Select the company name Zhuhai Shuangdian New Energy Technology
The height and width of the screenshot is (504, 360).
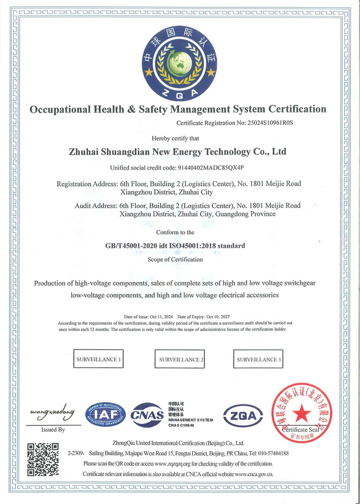click(x=177, y=152)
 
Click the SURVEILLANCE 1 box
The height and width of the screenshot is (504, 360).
click(x=99, y=359)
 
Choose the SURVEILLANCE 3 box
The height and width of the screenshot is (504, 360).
click(x=259, y=359)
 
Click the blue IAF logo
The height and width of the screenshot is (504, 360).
click(x=105, y=415)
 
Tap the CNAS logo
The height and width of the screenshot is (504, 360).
click(x=147, y=415)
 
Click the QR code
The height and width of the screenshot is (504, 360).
click(x=42, y=459)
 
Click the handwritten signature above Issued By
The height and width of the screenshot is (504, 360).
click(x=52, y=412)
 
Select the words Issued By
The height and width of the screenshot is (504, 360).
click(x=53, y=429)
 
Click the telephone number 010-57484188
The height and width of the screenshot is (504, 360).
click(x=269, y=454)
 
